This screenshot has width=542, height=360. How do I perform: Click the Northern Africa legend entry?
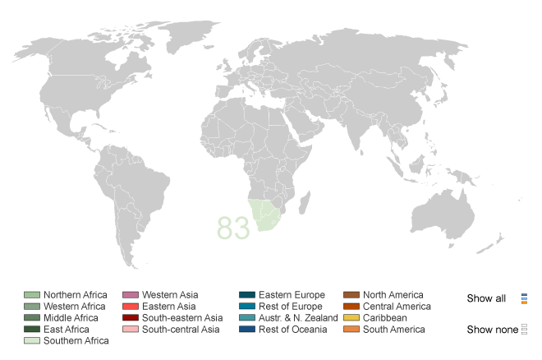pyautogui.click(x=75, y=295)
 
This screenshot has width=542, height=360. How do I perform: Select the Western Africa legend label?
pyautogui.click(x=74, y=307)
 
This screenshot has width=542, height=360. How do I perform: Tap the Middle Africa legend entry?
pyautogui.click(x=71, y=318)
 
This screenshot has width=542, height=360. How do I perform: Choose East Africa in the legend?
pyautogui.click(x=67, y=330)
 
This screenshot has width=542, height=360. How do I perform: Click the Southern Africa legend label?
pyautogui.click(x=76, y=341)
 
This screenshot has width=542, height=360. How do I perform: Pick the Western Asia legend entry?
pyautogui.click(x=170, y=295)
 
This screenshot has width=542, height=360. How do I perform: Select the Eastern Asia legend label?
pyautogui.click(x=168, y=307)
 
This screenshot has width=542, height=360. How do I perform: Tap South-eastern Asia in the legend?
pyautogui.click(x=181, y=318)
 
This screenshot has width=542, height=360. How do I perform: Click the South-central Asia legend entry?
pyautogui.click(x=181, y=330)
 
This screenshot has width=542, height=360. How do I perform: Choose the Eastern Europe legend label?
pyautogui.click(x=292, y=295)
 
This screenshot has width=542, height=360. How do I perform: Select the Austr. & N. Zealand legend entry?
pyautogui.click(x=298, y=318)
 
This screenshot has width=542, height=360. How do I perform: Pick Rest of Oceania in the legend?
pyautogui.click(x=292, y=330)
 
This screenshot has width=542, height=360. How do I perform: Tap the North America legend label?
pyautogui.click(x=393, y=295)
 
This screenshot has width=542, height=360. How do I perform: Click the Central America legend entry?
pyautogui.click(x=397, y=307)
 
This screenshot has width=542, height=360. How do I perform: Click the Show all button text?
pyautogui.click(x=486, y=298)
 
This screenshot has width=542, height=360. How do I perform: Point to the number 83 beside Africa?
pyautogui.click(x=233, y=228)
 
